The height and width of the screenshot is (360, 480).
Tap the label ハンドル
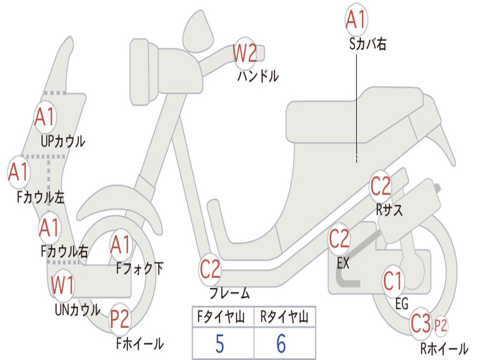(x=258, y=75)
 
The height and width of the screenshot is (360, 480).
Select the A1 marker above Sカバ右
(x=356, y=20)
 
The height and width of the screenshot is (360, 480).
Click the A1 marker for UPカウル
(x=45, y=117)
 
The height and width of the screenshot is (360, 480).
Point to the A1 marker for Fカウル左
(x=19, y=172)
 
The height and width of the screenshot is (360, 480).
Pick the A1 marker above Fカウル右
(x=49, y=228)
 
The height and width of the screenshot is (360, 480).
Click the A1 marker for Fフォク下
(x=121, y=245)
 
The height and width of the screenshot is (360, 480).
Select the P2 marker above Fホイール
(x=120, y=320)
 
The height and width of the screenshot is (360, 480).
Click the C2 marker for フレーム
(x=210, y=270)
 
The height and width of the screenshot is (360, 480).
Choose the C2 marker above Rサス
(x=381, y=187)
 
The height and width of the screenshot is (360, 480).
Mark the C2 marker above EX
(x=339, y=239)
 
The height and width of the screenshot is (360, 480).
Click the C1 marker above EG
(x=393, y=281)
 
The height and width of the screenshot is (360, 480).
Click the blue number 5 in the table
(x=219, y=344)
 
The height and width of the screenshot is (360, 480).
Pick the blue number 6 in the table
(x=281, y=344)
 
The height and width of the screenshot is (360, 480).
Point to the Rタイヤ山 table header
(x=284, y=318)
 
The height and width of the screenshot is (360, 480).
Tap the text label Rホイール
(x=444, y=349)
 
